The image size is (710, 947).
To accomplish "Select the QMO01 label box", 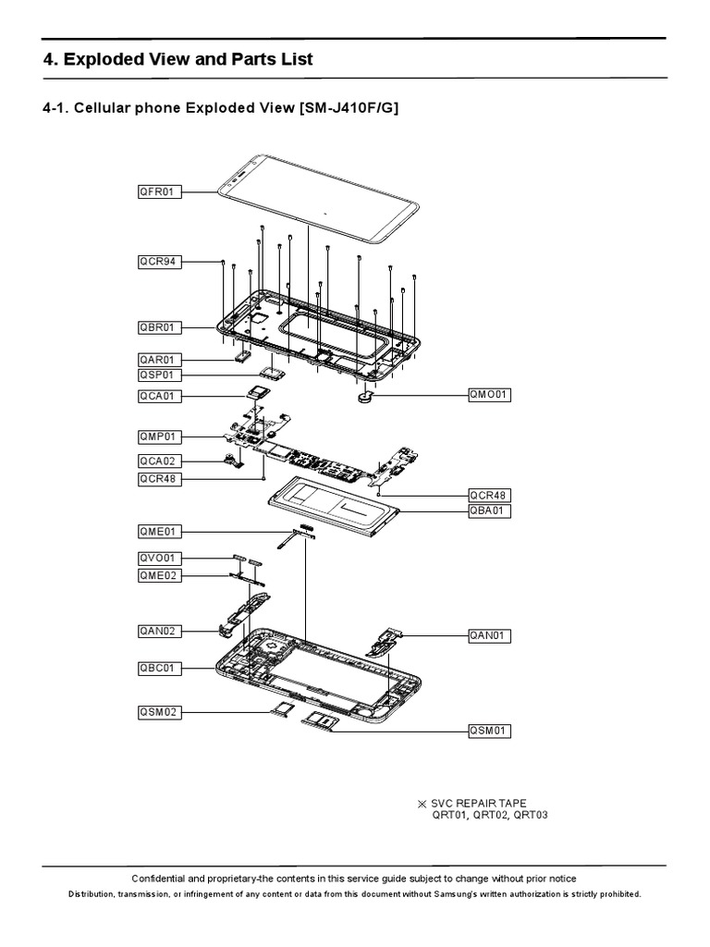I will [x=489, y=395].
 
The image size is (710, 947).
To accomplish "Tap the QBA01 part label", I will [x=489, y=510].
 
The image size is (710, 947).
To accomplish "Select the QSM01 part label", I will [x=489, y=731].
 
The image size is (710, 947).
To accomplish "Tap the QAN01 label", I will [x=489, y=635].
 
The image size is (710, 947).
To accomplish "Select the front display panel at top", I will [x=314, y=199].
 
